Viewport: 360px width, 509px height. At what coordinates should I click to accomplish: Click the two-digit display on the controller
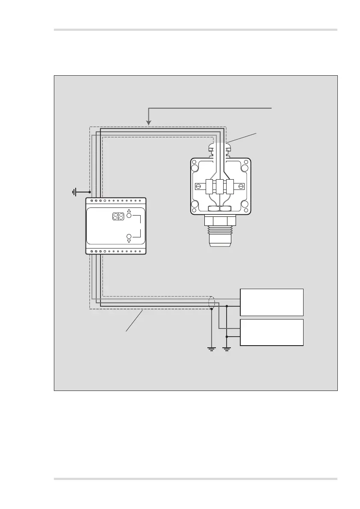118,216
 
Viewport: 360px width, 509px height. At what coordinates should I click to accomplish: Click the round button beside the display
129,216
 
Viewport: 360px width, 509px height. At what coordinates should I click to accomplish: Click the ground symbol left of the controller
74,192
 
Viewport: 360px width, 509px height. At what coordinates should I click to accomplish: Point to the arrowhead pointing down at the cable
148,123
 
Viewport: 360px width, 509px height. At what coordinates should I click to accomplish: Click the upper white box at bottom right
272,302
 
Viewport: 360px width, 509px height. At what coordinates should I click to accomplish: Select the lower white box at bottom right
272,332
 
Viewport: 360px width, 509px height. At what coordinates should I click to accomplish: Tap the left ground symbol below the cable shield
211,348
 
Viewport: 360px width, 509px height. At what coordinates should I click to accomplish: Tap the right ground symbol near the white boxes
227,348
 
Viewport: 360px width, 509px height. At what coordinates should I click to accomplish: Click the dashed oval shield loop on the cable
211,302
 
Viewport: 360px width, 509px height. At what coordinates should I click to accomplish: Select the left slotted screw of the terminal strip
198,186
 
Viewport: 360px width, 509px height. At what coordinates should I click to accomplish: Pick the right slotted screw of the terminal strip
241,186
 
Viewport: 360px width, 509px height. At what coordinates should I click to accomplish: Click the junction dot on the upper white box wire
227,306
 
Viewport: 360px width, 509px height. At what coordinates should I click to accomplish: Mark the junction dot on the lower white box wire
227,336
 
